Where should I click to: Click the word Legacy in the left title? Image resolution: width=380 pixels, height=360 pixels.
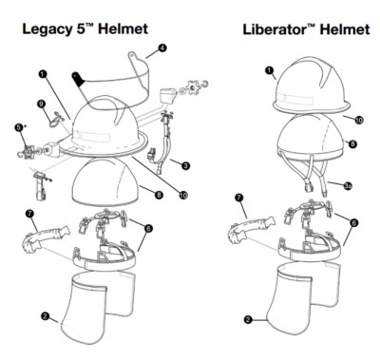[x=47, y=29]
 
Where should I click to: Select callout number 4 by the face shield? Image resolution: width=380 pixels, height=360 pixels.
[x=162, y=48]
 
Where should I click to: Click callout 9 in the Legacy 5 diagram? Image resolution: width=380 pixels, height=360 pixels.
[x=42, y=104]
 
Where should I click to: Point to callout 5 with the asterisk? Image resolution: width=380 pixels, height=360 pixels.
[x=19, y=127]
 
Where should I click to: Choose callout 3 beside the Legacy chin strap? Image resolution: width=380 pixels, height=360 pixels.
[x=186, y=165]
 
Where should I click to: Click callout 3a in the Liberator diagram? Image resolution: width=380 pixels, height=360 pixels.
[x=348, y=186]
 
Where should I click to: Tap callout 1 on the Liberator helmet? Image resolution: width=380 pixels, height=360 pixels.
[x=269, y=70]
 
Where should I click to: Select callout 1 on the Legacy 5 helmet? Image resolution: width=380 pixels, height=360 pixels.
[x=43, y=74]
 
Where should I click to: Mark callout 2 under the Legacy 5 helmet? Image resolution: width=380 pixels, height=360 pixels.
[x=46, y=315]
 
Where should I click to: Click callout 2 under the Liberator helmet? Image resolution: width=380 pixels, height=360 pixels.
[x=248, y=319]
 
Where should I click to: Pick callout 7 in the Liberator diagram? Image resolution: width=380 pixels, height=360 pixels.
[x=238, y=198]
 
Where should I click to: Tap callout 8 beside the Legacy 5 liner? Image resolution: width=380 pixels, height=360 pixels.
[x=159, y=195]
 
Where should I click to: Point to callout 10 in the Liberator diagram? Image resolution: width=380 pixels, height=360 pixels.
[x=359, y=120]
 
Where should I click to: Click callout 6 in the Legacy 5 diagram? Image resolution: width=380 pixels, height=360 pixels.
[x=148, y=228]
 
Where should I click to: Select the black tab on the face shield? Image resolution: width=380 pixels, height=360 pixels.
[x=78, y=79]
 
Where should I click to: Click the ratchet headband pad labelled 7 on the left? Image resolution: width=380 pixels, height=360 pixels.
[x=45, y=238]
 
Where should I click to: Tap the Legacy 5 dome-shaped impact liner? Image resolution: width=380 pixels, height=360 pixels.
[x=105, y=181]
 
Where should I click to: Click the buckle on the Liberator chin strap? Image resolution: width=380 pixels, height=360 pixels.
[x=309, y=188]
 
